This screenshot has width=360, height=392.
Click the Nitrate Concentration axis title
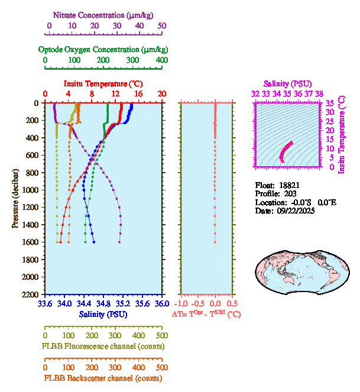pyautogui.click(x=105, y=14)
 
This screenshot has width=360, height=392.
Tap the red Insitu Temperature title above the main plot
pyautogui.click(x=103, y=84)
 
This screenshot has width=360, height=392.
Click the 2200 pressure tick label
pyautogui.click(x=31, y=294)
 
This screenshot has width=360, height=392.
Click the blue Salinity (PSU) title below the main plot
pyautogui.click(x=103, y=314)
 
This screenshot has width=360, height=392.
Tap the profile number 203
pyautogui.click(x=290, y=193)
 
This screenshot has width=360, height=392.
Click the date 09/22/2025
pyautogui.click(x=294, y=211)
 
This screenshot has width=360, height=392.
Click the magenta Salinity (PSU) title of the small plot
pyautogui.click(x=287, y=84)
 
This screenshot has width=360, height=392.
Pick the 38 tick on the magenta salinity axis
pyautogui.click(x=319, y=93)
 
